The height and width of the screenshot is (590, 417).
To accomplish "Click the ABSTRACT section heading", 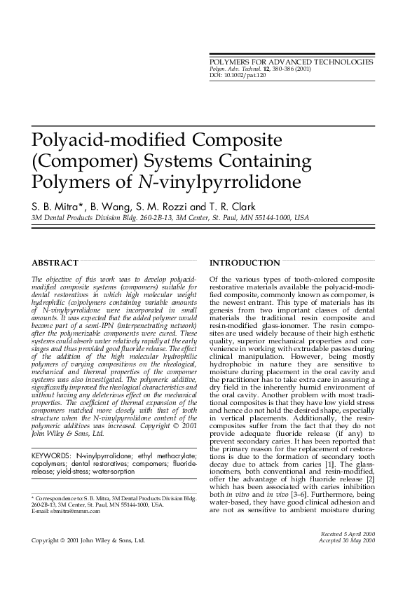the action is (x=55, y=263).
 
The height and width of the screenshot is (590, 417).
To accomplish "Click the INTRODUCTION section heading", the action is (x=245, y=263).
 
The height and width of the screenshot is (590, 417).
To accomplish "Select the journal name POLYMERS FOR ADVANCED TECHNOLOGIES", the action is (x=292, y=62).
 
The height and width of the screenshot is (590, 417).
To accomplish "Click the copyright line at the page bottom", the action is (x=88, y=541).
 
